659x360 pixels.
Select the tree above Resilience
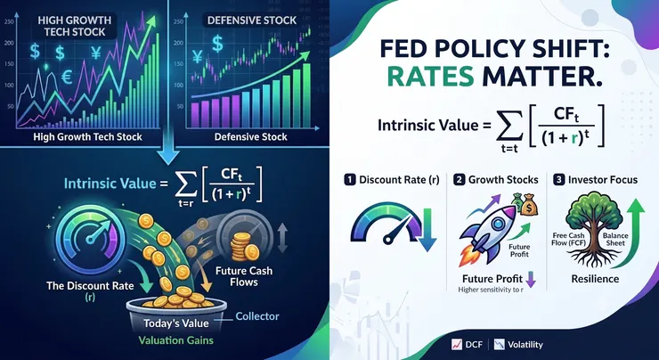593,228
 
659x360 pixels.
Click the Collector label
257,315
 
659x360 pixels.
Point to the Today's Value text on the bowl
176,323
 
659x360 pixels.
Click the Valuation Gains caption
176,340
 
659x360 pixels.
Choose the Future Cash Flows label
244,276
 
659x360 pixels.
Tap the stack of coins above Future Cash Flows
241,247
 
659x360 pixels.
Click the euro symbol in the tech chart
67,78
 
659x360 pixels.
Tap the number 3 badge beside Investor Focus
558,180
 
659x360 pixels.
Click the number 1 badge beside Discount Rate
348,180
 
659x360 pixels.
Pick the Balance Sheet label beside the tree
614,240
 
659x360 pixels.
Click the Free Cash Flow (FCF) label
563,240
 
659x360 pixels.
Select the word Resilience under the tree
595,279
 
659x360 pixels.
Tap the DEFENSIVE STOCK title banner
250,21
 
